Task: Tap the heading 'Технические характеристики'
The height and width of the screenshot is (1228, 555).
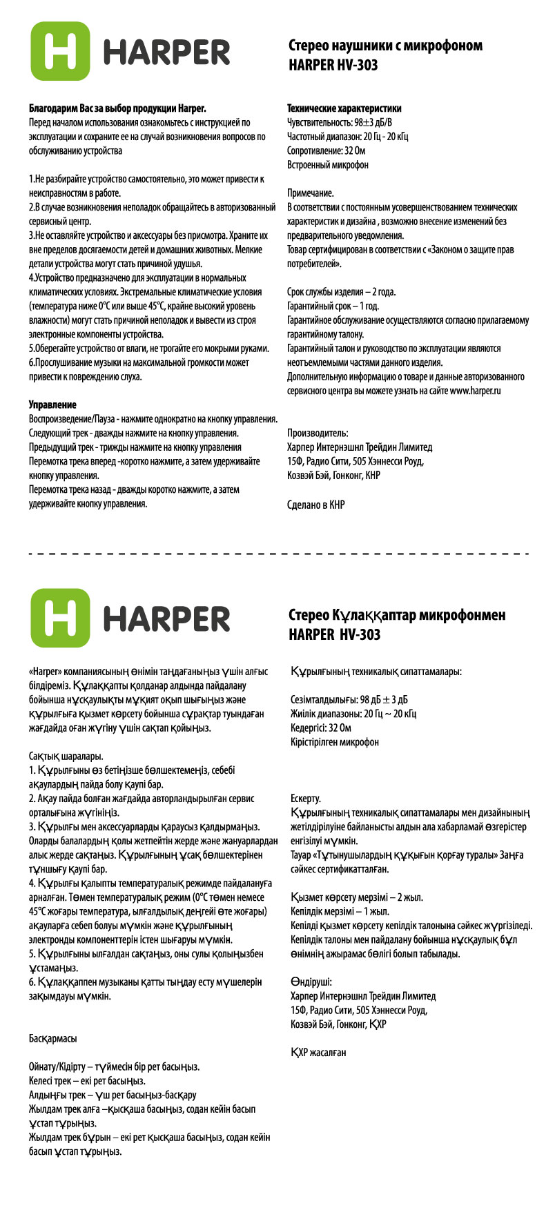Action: pyautogui.click(x=344, y=108)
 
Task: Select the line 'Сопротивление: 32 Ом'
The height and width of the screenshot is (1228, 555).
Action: pyautogui.click(x=326, y=150)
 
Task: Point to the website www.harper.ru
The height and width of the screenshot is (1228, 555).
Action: pyautogui.click(x=475, y=391)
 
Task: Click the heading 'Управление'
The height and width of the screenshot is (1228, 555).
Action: pyautogui.click(x=52, y=405)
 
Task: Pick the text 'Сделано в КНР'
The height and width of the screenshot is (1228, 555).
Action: pyautogui.click(x=315, y=505)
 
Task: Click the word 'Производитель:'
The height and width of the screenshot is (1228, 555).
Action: pyautogui.click(x=318, y=433)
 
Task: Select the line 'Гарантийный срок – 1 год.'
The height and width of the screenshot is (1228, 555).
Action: pyautogui.click(x=333, y=306)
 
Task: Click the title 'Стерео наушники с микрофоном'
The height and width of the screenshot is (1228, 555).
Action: pyautogui.click(x=385, y=46)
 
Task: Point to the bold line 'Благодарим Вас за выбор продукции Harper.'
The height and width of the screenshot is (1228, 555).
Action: pyautogui.click(x=117, y=108)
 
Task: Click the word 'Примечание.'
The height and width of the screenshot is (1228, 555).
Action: pyautogui.click(x=310, y=193)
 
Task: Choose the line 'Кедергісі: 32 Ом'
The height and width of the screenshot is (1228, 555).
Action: pyautogui.click(x=321, y=728)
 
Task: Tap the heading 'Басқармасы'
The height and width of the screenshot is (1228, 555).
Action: pyautogui.click(x=52, y=1038)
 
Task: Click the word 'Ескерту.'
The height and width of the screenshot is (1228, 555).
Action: pyautogui.click(x=306, y=799)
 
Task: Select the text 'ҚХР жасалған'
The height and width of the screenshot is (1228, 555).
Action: pyautogui.click(x=318, y=1053)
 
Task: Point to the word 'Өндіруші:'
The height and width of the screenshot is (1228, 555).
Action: pyautogui.click(x=311, y=982)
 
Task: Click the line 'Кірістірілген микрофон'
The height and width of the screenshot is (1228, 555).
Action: pyautogui.click(x=335, y=742)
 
